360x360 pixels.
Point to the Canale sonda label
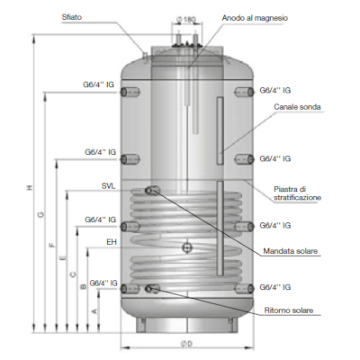298,106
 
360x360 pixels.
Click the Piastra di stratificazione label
297,193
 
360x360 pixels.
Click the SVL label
110,187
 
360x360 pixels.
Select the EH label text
112,242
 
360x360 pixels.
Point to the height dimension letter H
30,187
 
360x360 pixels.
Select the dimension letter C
72,272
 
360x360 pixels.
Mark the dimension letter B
83,286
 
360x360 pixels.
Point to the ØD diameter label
187,343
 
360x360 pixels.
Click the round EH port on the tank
185,247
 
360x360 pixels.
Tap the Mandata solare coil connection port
154,190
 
